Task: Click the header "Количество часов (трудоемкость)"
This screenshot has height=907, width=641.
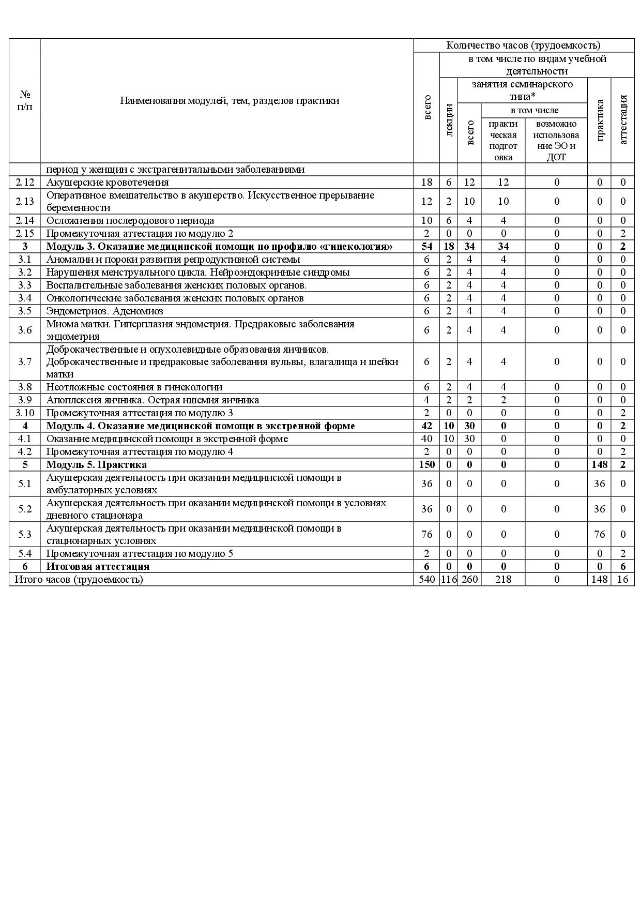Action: click(x=523, y=46)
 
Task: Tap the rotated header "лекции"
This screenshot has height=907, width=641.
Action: click(x=449, y=120)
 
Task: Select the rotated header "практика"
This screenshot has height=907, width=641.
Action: click(x=600, y=120)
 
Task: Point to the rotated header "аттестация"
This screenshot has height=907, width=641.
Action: click(x=623, y=120)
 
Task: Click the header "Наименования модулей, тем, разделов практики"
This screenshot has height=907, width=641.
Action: click(x=230, y=100)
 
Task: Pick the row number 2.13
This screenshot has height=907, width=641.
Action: click(x=25, y=201)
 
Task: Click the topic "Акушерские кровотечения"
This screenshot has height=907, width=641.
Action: click(x=108, y=182)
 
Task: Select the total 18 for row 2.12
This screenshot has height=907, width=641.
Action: click(x=426, y=182)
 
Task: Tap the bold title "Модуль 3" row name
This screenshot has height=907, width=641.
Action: click(x=219, y=246)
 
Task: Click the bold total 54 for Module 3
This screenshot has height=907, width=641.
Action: click(x=426, y=246)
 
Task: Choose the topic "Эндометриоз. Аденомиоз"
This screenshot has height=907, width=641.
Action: click(x=104, y=311)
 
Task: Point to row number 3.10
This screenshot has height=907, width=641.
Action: click(x=25, y=413)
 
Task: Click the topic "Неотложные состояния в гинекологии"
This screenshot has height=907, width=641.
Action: click(x=134, y=387)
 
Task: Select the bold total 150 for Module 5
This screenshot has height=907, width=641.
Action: click(x=426, y=464)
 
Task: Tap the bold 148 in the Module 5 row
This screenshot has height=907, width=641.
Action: click(x=600, y=464)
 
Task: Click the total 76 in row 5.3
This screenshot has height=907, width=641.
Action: click(x=426, y=534)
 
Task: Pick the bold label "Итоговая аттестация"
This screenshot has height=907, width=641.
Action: click(x=98, y=566)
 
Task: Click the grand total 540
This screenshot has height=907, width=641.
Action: click(x=426, y=579)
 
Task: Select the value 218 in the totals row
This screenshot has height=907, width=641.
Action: click(x=503, y=579)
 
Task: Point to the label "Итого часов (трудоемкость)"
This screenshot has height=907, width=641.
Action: click(x=79, y=579)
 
